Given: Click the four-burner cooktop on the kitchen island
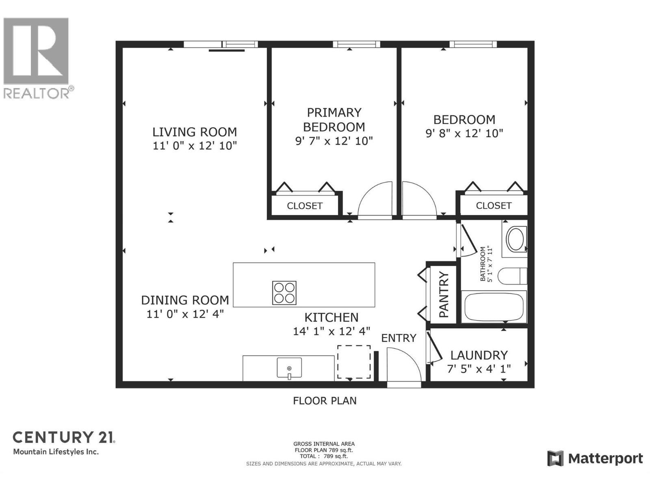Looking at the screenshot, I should [x=284, y=293].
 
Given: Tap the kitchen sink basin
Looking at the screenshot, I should [x=289, y=367].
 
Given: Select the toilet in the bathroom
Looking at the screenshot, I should [x=512, y=276].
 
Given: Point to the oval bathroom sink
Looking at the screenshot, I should [x=516, y=239].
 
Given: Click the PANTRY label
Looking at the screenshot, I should [x=444, y=295].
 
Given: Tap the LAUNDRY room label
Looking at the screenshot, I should [x=479, y=355].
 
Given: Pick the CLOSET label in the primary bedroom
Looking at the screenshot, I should [x=304, y=206].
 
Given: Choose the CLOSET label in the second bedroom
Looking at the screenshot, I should [x=494, y=205].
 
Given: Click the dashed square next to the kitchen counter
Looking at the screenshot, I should [x=354, y=362].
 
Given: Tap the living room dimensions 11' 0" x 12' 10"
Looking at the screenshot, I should [x=195, y=146].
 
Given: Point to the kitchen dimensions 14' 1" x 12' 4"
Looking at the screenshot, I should [x=331, y=332].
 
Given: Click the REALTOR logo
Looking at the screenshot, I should [x=37, y=57].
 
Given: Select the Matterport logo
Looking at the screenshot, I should [x=595, y=459].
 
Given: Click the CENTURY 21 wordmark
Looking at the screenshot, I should [x=64, y=437].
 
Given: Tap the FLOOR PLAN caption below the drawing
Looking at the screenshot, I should [x=325, y=401].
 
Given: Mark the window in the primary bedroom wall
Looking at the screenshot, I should [x=356, y=44].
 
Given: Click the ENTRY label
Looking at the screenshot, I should [x=399, y=338].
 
